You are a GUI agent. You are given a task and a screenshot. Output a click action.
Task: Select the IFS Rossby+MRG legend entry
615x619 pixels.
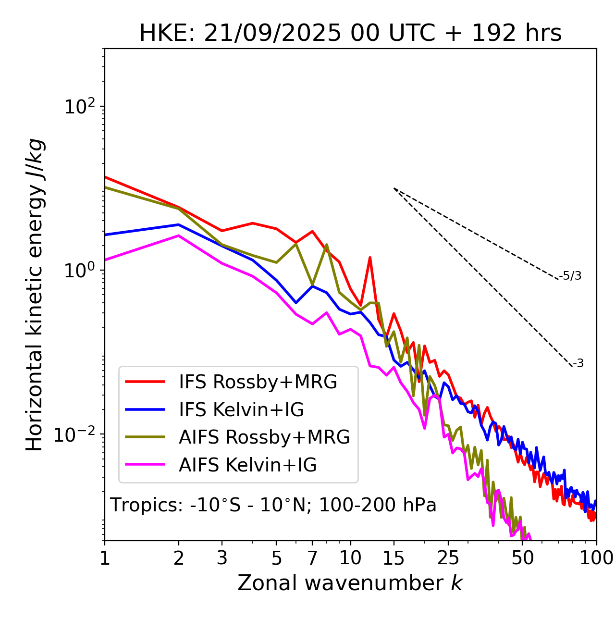point(258,382)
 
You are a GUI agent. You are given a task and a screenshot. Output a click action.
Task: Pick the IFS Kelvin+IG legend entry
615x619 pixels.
point(241,409)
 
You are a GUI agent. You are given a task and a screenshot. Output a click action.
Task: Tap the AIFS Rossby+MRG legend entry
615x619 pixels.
point(264,437)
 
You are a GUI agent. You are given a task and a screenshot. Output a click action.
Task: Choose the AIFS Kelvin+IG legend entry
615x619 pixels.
point(247,465)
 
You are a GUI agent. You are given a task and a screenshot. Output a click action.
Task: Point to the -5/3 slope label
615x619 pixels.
point(570,276)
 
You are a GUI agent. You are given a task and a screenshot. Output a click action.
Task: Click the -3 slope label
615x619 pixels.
point(578,364)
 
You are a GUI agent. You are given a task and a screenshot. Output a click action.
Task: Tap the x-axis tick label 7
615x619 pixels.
point(312,558)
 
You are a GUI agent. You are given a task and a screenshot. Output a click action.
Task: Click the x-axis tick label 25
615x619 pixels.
point(448,558)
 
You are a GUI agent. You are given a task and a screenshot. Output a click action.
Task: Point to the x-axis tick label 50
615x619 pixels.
point(523,558)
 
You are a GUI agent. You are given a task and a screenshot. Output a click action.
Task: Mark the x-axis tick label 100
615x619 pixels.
point(596,558)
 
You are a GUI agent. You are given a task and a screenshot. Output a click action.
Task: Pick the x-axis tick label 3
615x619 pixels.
point(221,558)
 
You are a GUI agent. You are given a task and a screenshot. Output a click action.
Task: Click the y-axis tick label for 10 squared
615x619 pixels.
point(80,106)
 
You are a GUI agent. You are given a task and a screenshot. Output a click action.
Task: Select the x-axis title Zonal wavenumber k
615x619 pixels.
point(350,583)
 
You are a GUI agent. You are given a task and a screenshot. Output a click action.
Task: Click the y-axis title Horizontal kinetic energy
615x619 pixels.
point(35,295)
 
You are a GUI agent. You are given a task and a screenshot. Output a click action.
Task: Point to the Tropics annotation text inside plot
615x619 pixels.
point(273,505)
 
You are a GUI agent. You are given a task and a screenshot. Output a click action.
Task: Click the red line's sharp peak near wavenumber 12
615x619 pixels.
point(370,258)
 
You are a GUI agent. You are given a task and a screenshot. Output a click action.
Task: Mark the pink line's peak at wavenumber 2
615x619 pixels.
point(179,235)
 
